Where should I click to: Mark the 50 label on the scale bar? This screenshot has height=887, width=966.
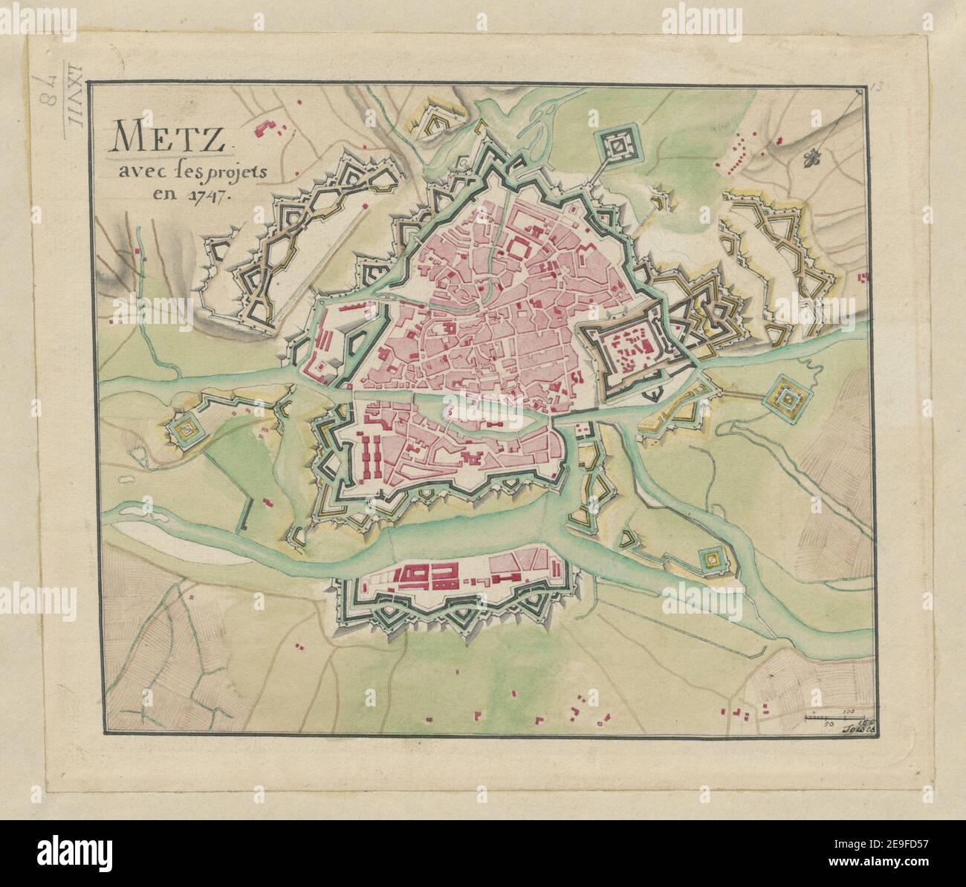tap(831, 722)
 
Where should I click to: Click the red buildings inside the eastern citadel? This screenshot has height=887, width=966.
tap(632, 347)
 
